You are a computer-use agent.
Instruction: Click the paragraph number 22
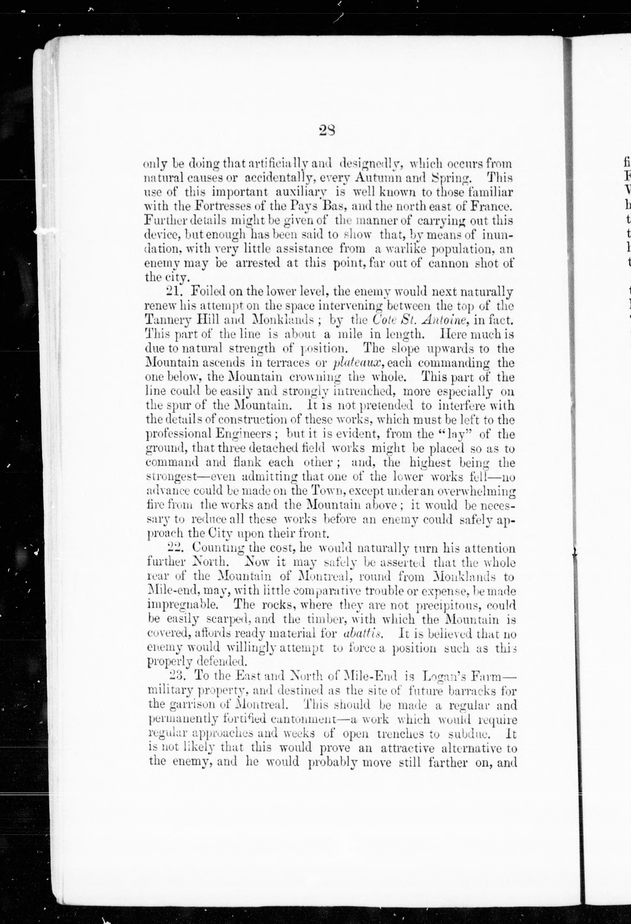(175, 548)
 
